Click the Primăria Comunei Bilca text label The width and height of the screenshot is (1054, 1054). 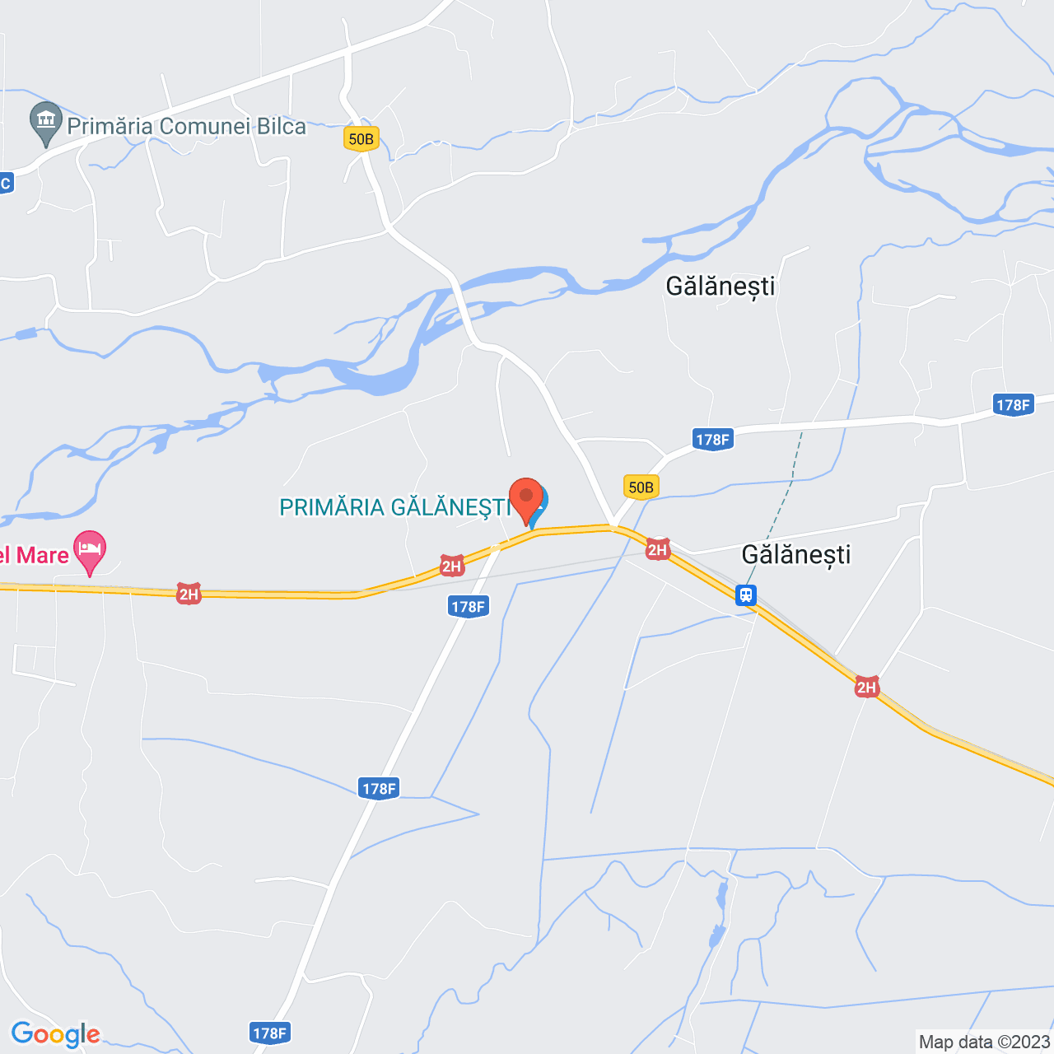(x=186, y=126)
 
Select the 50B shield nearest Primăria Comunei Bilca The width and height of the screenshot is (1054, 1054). (x=361, y=138)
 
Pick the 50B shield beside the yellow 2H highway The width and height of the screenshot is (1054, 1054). (x=641, y=487)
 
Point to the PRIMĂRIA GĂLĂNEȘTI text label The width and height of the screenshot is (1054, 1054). (x=395, y=507)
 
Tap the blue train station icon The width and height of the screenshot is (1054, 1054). (x=746, y=595)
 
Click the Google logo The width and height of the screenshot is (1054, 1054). (x=55, y=1034)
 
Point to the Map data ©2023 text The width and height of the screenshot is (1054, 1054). (x=985, y=1042)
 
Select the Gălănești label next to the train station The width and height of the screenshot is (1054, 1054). (x=795, y=554)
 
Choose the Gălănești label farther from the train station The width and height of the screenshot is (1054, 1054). (x=721, y=286)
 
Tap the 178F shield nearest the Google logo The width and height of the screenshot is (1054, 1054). (x=269, y=1033)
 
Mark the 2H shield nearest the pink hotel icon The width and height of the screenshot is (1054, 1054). (x=189, y=594)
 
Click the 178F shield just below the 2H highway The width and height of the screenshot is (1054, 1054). (x=469, y=607)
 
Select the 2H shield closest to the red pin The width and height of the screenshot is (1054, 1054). (x=451, y=566)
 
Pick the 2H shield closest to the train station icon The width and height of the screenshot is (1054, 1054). (x=657, y=549)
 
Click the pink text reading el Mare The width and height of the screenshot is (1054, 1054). (x=34, y=555)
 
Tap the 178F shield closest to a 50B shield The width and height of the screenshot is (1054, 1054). (x=713, y=440)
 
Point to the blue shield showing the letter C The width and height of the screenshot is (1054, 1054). (x=5, y=183)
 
